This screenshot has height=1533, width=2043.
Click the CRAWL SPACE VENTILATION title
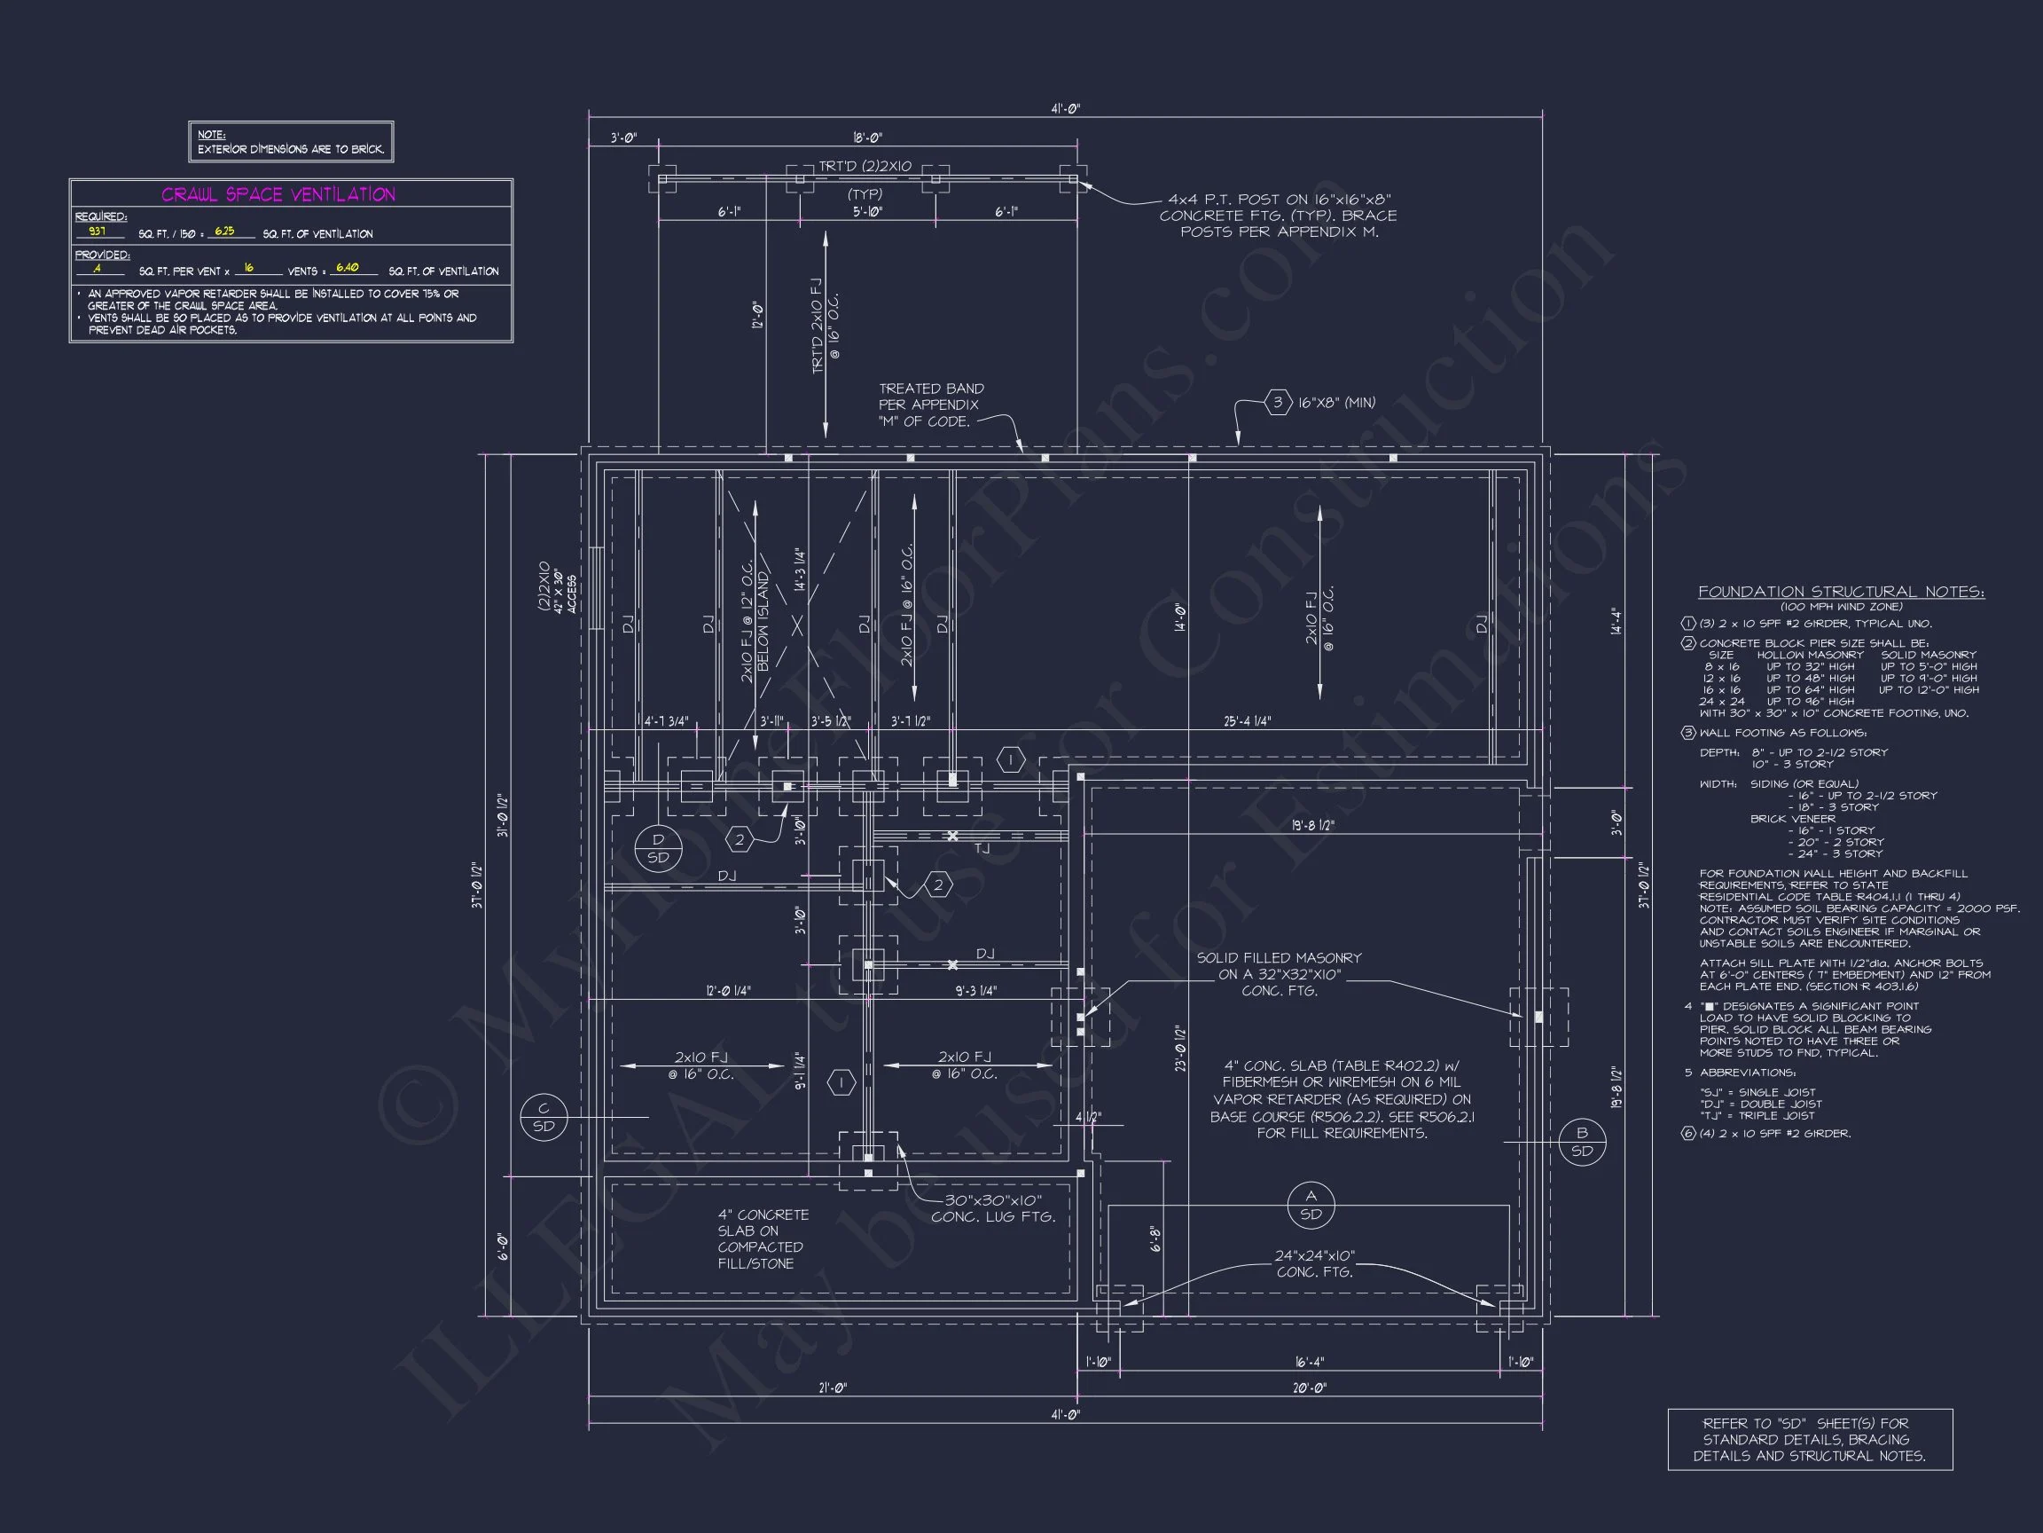tap(278, 194)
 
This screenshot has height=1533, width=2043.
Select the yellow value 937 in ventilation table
tap(97, 232)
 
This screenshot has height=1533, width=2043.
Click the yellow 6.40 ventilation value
tap(348, 268)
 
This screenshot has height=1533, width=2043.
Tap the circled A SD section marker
tap(1311, 1205)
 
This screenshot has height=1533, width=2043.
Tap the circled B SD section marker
tap(1582, 1141)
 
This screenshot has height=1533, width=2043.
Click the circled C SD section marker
tap(543, 1117)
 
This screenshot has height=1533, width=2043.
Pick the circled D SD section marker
tap(658, 848)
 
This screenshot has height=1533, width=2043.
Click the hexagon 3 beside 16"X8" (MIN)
tap(1278, 402)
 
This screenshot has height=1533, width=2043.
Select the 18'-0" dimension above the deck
tap(867, 138)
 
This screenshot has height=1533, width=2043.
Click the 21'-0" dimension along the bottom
tap(832, 1388)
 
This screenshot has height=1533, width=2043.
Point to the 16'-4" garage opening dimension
tap(1310, 1362)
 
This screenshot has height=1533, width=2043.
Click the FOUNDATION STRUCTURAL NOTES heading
tap(1841, 592)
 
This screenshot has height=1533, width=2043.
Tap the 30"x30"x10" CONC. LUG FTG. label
tap(993, 1208)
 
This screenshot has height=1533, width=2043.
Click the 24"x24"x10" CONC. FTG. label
tap(1314, 1264)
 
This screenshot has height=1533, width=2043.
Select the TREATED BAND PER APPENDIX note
tap(930, 405)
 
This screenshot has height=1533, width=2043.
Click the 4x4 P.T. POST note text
tap(1279, 216)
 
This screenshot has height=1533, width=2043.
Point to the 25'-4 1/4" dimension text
tap(1247, 721)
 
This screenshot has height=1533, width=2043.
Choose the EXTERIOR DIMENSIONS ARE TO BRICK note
tap(291, 149)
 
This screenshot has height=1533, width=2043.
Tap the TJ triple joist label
tap(981, 847)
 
